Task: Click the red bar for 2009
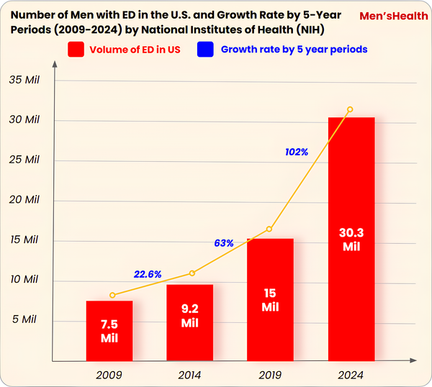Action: tap(109, 330)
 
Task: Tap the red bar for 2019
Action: tap(270, 299)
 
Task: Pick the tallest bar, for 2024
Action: tap(351, 238)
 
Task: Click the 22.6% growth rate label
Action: tap(147, 274)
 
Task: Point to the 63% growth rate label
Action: tap(224, 243)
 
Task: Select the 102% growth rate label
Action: tap(296, 152)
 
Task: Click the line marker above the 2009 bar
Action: tap(112, 295)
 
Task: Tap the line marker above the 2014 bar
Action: tap(192, 273)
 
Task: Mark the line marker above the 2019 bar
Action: tap(269, 229)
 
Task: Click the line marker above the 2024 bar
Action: tap(350, 109)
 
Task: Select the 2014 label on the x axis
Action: tap(190, 375)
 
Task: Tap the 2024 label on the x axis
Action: tap(351, 375)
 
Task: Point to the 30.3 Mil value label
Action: tap(351, 240)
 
